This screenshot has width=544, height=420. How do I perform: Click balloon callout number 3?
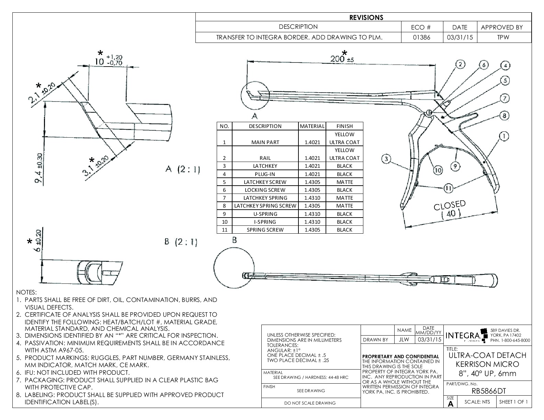tap(386, 159)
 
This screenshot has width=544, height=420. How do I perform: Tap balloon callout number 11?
tap(448, 188)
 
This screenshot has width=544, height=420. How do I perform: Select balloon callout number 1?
tap(503, 136)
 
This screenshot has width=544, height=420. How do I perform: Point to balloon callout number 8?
tap(504, 116)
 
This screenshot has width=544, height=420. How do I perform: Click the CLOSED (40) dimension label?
tap(450, 209)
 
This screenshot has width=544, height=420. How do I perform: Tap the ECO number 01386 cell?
tap(422, 37)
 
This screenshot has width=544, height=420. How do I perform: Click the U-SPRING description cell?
tap(265, 214)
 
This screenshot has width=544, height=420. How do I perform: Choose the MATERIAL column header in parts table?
tap(312, 126)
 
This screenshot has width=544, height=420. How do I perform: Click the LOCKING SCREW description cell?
tap(265, 190)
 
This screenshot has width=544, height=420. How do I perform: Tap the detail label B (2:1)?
tap(181, 242)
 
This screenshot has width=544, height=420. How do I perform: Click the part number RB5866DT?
tap(487, 391)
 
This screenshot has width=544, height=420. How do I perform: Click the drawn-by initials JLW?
tap(404, 340)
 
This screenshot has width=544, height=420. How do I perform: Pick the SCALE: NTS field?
tap(477, 402)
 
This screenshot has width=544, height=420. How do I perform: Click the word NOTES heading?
tap(26, 292)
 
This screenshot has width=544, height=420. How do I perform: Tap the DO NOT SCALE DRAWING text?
tap(310, 403)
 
